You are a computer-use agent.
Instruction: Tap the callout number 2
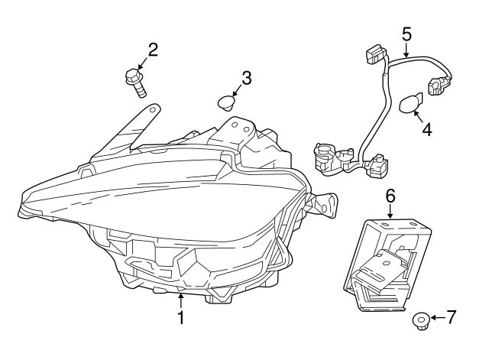pyautogui.click(x=153, y=50)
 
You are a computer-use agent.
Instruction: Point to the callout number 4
pyautogui.click(x=426, y=130)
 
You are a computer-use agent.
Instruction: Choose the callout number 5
pyautogui.click(x=406, y=34)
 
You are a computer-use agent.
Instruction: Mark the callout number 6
pyautogui.click(x=390, y=196)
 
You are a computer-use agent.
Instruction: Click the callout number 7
pyautogui.click(x=452, y=316)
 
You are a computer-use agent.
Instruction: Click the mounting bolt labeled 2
pyautogui.click(x=137, y=82)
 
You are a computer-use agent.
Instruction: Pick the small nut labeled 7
pyautogui.click(x=421, y=320)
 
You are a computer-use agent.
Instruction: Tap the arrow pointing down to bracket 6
pyautogui.click(x=390, y=213)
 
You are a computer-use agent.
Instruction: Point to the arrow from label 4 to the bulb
pyautogui.click(x=419, y=115)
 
